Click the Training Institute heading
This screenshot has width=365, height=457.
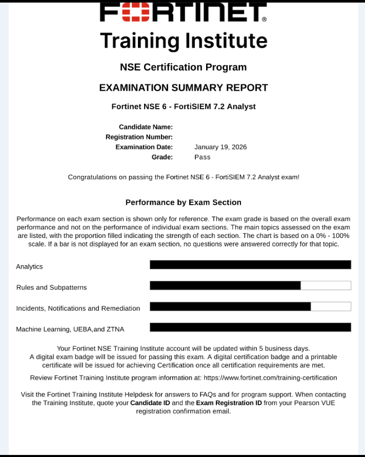tap(183, 41)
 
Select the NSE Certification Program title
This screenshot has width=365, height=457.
tap(183, 67)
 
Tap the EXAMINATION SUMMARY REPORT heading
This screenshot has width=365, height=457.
tap(183, 88)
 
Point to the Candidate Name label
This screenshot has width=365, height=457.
tap(146, 127)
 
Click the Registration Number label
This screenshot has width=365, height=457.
tap(139, 137)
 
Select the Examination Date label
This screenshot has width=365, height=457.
tap(144, 147)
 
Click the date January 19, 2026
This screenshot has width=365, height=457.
tap(220, 147)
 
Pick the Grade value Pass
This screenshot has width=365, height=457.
tap(202, 157)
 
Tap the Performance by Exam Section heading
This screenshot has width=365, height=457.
tap(183, 203)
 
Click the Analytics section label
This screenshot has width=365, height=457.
tap(30, 267)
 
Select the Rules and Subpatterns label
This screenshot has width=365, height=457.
tap(52, 288)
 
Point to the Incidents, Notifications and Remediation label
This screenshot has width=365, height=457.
tap(78, 308)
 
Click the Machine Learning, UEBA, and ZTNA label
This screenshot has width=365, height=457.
tap(70, 329)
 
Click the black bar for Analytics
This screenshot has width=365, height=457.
tap(250, 265)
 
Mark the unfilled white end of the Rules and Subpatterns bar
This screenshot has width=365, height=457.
tap(326, 286)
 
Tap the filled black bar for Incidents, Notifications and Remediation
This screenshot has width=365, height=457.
tap(230, 307)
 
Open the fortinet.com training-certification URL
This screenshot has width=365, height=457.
tap(270, 378)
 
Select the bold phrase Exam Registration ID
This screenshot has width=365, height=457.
tap(229, 403)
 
